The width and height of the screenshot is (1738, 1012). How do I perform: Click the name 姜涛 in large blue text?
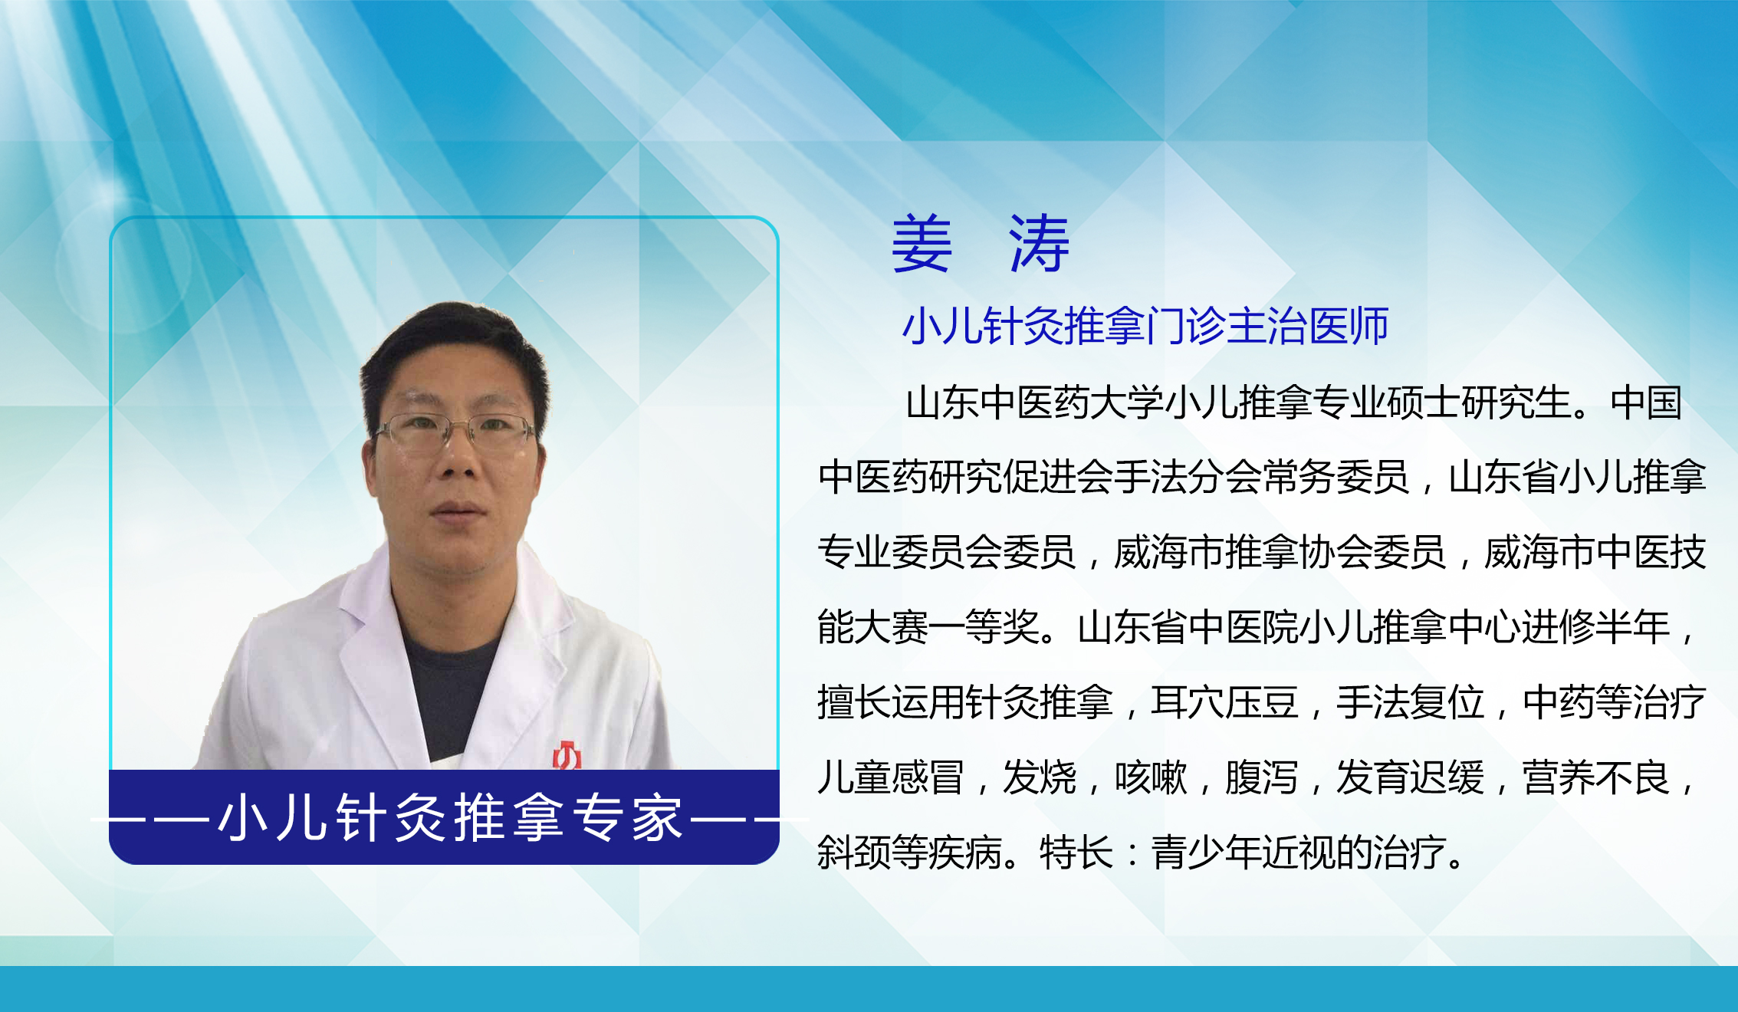pos(981,244)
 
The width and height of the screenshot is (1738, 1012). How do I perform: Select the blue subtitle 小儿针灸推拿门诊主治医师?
pos(1145,327)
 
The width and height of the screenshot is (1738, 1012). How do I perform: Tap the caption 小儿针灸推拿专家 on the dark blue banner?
pos(451,818)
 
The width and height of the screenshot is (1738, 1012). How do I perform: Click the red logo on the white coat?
pos(567,755)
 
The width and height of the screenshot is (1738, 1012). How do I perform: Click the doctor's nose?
pos(458,460)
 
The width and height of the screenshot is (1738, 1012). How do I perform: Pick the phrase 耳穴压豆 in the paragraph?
pos(1224,702)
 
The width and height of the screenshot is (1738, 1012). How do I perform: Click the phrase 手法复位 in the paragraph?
pos(1411,702)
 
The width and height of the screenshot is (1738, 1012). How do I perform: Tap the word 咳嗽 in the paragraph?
pos(1151,777)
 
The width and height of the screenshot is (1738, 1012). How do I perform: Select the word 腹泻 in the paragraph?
pos(1262,777)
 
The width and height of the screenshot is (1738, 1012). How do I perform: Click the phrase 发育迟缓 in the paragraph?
pos(1411,777)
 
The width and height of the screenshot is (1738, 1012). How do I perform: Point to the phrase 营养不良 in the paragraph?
pos(1596,777)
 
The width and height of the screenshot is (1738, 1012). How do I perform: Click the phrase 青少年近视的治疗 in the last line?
pos(1299,853)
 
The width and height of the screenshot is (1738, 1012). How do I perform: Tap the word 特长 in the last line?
pos(1076,853)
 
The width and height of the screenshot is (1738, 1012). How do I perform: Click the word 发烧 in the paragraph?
pos(1040,777)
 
